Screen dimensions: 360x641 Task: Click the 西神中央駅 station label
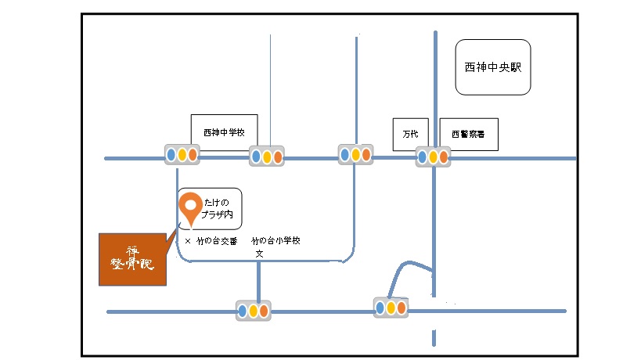492,67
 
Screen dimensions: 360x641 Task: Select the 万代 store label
411,134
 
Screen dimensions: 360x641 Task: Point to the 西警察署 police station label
467,134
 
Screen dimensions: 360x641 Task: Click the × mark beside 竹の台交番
188,241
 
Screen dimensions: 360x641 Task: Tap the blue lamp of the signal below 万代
423,157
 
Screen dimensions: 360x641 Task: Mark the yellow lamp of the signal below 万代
433,157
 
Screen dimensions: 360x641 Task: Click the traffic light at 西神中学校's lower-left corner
182,155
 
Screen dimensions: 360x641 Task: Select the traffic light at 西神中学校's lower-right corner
266,157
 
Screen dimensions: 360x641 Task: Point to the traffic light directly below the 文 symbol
254,311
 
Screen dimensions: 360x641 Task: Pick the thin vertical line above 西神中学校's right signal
270,86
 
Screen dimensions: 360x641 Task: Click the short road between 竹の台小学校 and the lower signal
257,282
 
